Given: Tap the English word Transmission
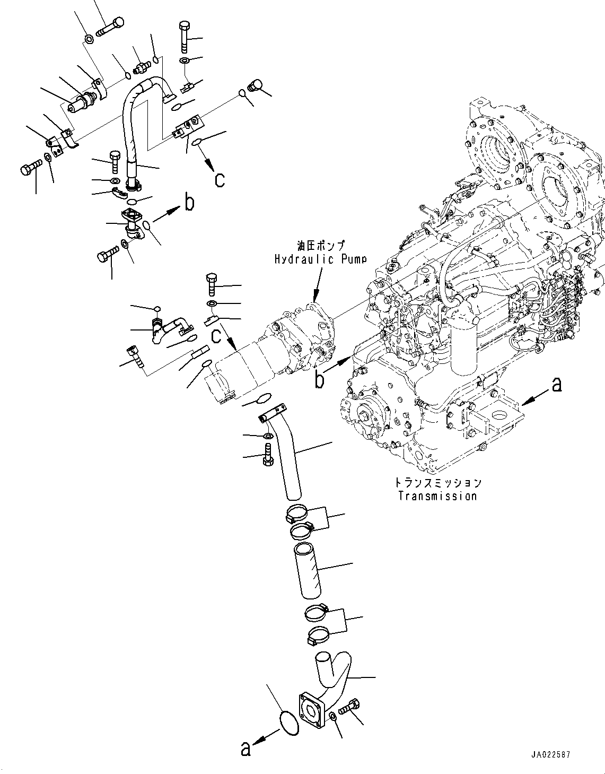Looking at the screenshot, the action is pos(437,496).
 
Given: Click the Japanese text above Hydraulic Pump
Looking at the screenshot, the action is pos(321,246).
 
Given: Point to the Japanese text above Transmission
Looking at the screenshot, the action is pos(438,483).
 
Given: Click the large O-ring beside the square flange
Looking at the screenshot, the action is pos(289,723).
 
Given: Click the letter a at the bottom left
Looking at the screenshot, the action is pos(245,749).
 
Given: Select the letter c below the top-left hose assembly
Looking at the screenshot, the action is pos(220,180).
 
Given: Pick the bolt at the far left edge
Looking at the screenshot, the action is pos(31,168).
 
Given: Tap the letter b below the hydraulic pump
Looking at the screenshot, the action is pos(320,380).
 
